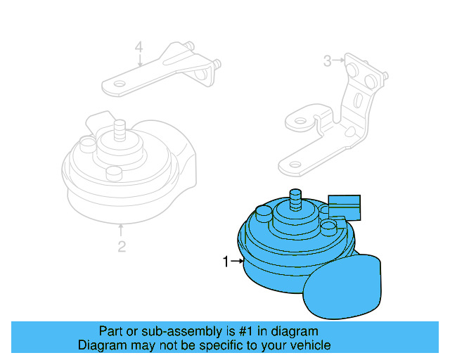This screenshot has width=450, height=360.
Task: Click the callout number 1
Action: [x=226, y=262]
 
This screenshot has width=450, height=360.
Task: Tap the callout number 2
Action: [x=122, y=246]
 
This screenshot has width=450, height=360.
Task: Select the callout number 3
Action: [x=327, y=61]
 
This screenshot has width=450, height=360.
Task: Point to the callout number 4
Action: [x=139, y=47]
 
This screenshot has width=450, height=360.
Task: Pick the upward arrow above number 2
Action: [x=122, y=229]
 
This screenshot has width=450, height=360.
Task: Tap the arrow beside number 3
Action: [x=339, y=61]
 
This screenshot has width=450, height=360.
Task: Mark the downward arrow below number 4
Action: [x=139, y=60]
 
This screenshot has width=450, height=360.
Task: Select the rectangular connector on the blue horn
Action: [x=344, y=205]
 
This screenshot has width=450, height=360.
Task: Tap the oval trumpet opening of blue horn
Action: [x=342, y=286]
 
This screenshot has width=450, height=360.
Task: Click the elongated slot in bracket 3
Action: [x=359, y=103]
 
